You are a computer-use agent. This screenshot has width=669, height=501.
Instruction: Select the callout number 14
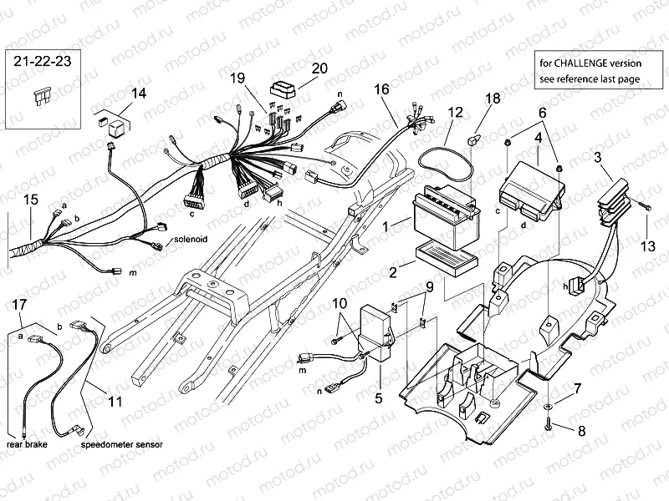137,94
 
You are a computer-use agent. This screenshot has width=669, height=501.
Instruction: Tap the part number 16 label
380,89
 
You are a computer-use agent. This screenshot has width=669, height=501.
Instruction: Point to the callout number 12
454,111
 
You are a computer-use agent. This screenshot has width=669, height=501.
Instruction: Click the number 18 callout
493,98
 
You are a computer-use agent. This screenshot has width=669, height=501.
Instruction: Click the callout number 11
115,401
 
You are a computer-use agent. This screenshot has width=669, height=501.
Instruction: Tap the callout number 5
378,399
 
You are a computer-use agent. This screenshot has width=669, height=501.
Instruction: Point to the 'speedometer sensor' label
121,446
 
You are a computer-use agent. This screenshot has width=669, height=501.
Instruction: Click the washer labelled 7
549,405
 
